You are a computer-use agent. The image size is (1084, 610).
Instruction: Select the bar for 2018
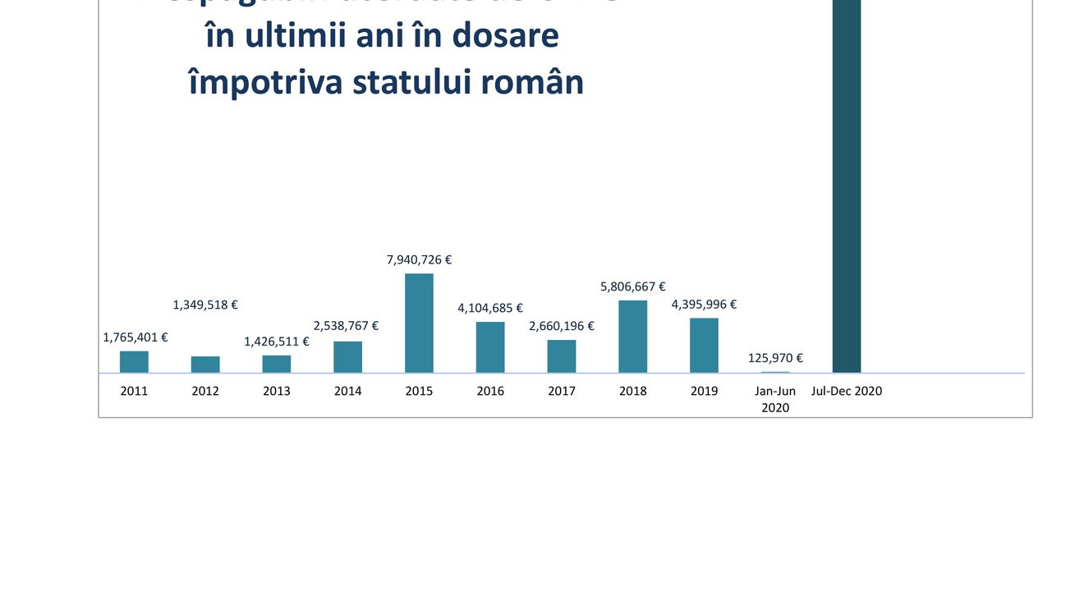[x=632, y=337]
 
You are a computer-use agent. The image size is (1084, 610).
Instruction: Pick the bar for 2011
[x=134, y=362]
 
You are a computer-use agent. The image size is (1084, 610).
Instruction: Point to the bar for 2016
[x=490, y=347]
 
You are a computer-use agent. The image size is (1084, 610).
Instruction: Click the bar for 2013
[x=277, y=364]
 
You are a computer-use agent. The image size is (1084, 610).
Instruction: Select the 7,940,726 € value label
[x=419, y=259]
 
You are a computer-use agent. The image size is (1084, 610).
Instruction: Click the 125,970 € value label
[x=775, y=358]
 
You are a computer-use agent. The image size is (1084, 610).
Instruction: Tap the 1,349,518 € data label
[x=205, y=305]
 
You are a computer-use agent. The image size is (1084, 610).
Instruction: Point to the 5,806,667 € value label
[x=632, y=287]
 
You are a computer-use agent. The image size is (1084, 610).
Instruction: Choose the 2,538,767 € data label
[x=346, y=326]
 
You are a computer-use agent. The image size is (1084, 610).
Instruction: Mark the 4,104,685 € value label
[x=490, y=308]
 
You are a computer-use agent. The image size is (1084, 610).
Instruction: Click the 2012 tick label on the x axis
[x=205, y=391]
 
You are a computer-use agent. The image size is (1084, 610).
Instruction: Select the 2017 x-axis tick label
[x=562, y=391]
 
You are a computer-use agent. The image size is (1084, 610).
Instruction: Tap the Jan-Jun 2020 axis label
[x=775, y=399]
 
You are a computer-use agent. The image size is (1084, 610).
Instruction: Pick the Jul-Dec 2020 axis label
[x=847, y=391]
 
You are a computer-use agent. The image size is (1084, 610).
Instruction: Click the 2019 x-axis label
[x=704, y=391]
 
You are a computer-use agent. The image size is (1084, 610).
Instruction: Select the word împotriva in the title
[x=265, y=83]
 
